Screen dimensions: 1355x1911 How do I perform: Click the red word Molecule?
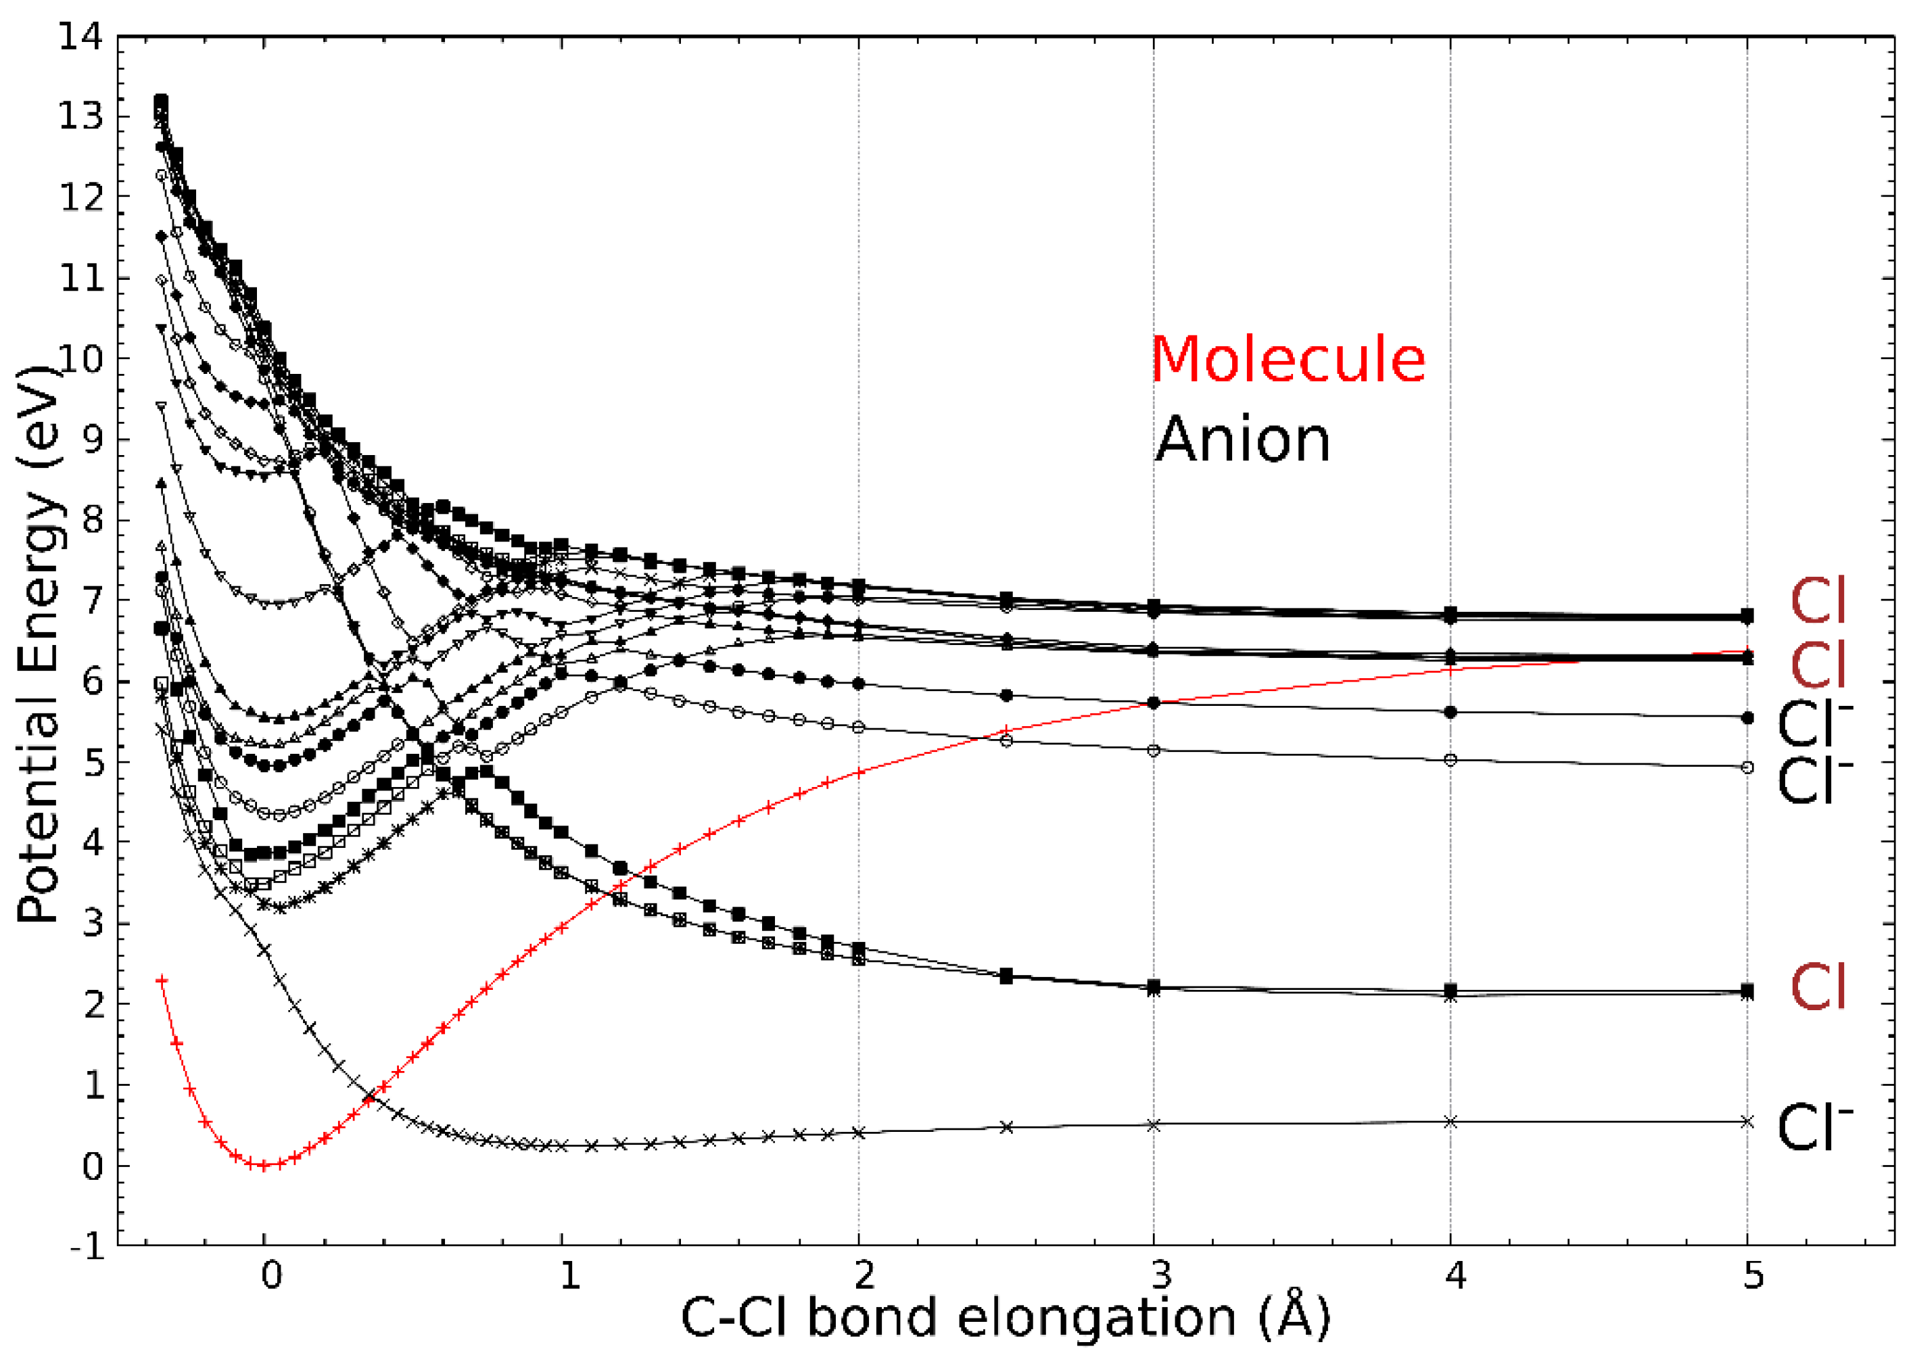(1288, 360)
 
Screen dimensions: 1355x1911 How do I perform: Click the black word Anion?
(1242, 439)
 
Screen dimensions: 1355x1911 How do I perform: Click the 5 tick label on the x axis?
(1753, 1276)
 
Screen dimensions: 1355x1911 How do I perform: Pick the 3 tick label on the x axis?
(1159, 1276)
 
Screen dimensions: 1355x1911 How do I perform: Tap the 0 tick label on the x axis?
(270, 1276)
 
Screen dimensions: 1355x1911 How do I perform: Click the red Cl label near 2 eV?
(1817, 987)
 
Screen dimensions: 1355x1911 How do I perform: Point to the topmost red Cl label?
(1817, 602)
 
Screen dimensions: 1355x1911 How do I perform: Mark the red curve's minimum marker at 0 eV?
(264, 1166)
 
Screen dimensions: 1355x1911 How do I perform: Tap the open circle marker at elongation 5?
(1747, 767)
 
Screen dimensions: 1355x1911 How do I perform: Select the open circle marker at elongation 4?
(1450, 760)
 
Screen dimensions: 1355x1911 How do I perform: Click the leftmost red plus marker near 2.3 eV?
(162, 980)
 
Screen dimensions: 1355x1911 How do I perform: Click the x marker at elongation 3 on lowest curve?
(1154, 1124)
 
